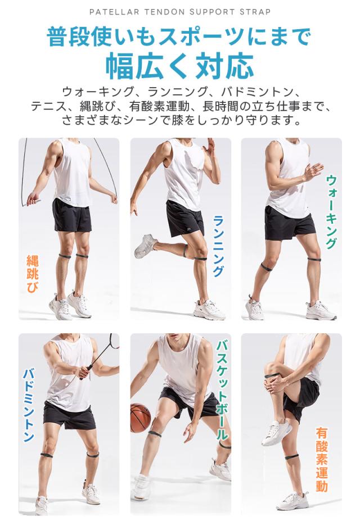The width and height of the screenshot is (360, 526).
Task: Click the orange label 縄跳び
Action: [33, 274]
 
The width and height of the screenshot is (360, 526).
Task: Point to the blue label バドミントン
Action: [29, 405]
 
